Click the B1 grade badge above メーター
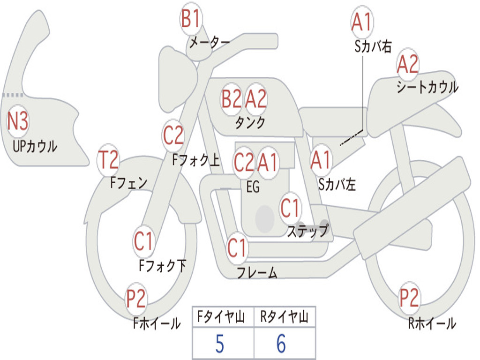(191, 20)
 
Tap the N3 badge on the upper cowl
(18, 122)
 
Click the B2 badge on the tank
(232, 99)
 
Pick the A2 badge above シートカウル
(407, 65)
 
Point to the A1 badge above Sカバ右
(361, 22)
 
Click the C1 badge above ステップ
(290, 208)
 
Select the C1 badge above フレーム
(237, 247)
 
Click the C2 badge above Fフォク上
(173, 136)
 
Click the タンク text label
(250, 123)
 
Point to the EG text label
(253, 187)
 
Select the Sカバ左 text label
(337, 185)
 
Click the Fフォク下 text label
(162, 266)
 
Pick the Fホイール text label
(157, 323)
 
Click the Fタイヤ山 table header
(222, 318)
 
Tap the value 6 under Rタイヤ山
(281, 344)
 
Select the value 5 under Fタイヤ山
(219, 344)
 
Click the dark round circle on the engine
(264, 218)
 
